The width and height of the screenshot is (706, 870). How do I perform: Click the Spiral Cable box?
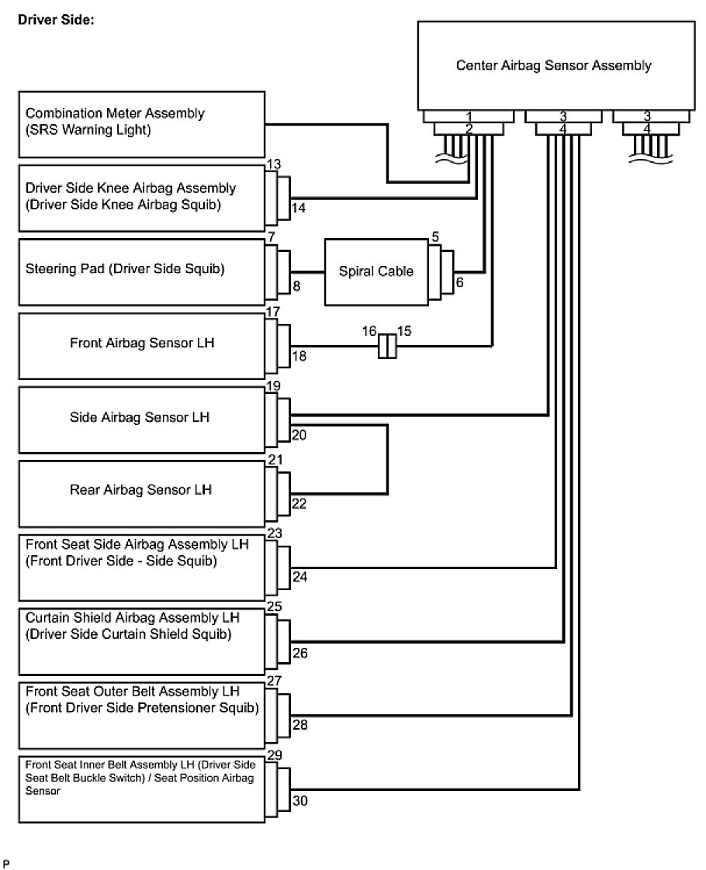375,271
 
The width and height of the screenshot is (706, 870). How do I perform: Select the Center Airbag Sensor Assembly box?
553,65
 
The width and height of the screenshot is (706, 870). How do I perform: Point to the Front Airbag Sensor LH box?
142,345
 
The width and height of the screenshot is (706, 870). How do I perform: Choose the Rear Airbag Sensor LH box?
142,494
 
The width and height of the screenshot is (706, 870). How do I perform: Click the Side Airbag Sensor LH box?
142,419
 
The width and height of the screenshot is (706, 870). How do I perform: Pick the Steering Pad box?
142,271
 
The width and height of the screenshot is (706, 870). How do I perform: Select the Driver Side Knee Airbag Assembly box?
142,197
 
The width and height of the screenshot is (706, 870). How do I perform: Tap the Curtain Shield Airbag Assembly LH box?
142,641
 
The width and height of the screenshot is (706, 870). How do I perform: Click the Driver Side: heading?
56,20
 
